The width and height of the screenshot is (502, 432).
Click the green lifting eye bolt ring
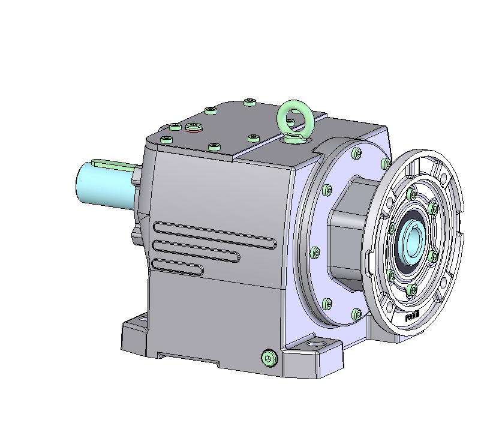[x=294, y=118]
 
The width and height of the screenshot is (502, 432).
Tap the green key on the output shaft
[x=114, y=162]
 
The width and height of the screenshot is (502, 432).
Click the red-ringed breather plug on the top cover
[x=193, y=127]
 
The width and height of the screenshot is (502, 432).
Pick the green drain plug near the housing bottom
[x=269, y=358]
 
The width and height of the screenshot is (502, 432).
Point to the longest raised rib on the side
[x=214, y=233]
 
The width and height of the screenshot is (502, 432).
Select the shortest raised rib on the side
[x=177, y=266]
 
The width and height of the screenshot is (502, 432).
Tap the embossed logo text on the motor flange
[x=413, y=317]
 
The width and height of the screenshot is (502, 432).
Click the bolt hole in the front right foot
[x=315, y=346]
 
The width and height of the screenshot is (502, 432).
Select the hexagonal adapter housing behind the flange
[x=348, y=234]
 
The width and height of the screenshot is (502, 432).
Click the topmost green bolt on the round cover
[x=357, y=154]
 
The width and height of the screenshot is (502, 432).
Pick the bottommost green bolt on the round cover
[x=357, y=314]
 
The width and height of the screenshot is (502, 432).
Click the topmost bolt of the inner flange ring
[x=412, y=193]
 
